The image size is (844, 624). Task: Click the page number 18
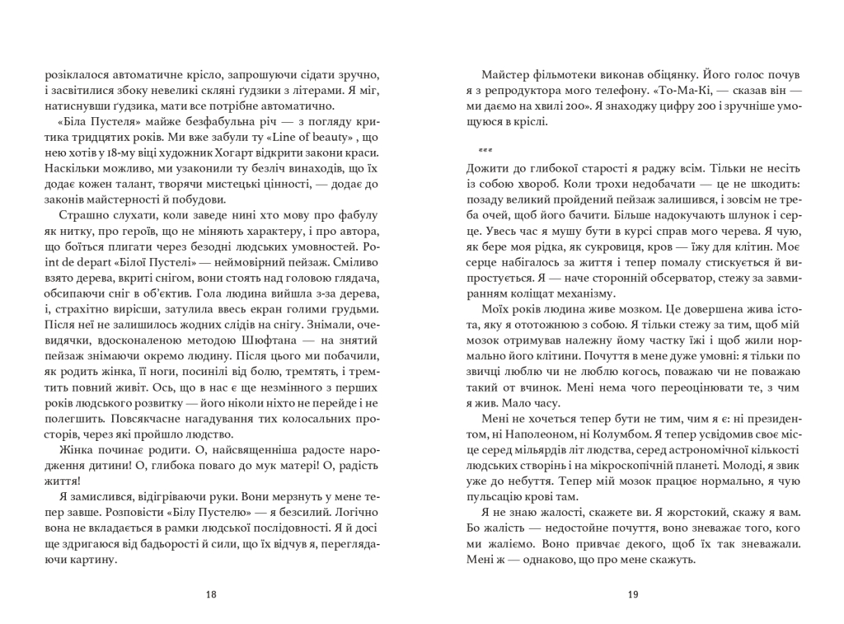(x=212, y=595)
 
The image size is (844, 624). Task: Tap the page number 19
(x=632, y=595)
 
